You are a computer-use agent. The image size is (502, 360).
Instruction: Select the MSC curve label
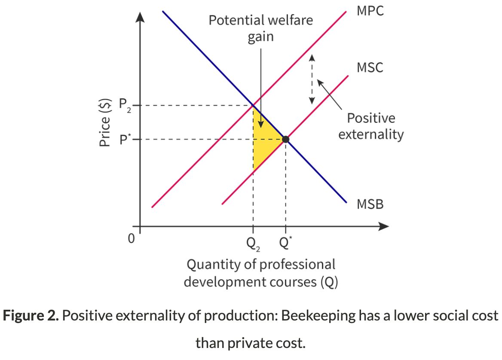click(x=370, y=68)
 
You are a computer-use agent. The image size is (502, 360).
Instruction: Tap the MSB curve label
click(x=370, y=204)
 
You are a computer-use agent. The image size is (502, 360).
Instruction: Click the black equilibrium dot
click(x=285, y=139)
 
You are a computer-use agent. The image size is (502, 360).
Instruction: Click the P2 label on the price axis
click(x=124, y=105)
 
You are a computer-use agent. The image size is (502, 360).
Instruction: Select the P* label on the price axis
click(x=125, y=139)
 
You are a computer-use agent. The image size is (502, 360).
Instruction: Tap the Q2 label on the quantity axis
click(x=253, y=244)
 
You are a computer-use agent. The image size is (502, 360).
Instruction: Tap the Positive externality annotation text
click(x=370, y=126)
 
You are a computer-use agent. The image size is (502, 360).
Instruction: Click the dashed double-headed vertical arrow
click(x=312, y=79)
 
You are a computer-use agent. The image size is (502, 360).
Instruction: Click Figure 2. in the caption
click(x=30, y=316)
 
